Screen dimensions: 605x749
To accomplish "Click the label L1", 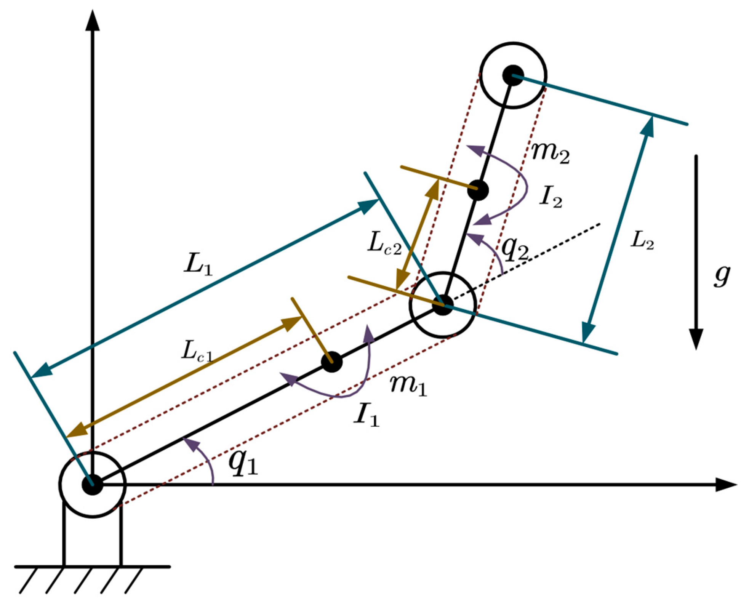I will click(x=198, y=264).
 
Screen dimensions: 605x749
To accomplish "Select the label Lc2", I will click(x=384, y=243).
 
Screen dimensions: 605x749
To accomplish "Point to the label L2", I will click(x=642, y=241).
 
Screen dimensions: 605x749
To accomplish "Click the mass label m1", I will click(x=408, y=386).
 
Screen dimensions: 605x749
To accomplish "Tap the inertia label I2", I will click(x=551, y=197).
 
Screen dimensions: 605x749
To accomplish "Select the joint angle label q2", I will click(x=514, y=248).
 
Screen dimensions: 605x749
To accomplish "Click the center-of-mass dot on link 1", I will click(x=332, y=362).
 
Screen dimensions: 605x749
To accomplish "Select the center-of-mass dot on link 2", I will click(x=478, y=190).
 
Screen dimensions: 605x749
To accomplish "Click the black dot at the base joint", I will click(x=93, y=485).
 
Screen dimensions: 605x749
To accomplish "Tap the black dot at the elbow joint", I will click(x=442, y=305).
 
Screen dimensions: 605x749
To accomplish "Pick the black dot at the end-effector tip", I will click(x=513, y=75).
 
